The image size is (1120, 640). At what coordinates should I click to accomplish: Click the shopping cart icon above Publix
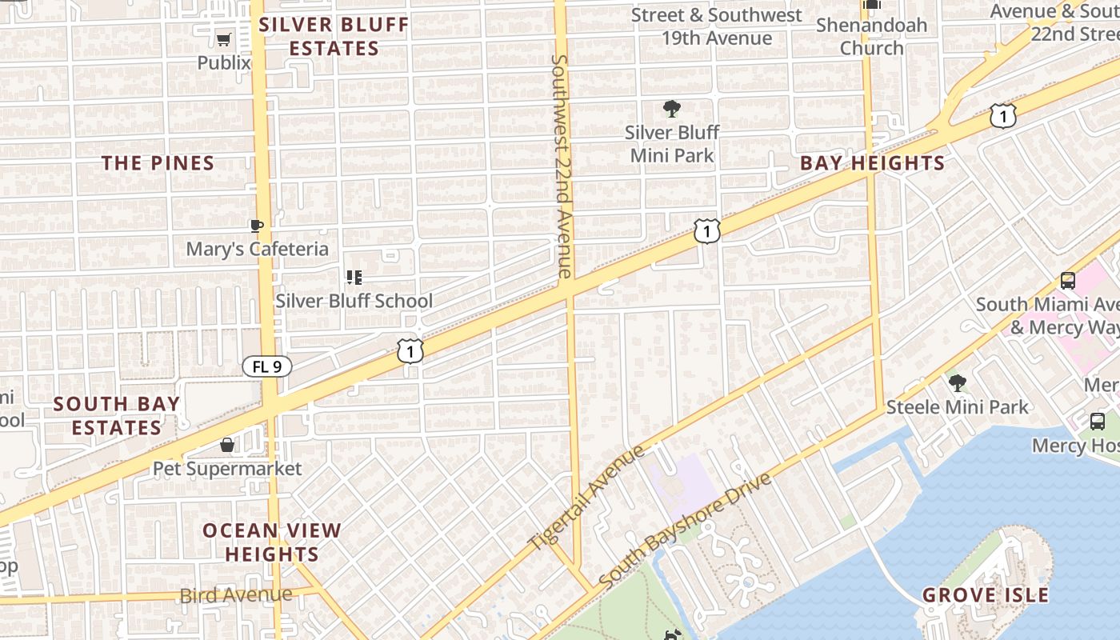224,39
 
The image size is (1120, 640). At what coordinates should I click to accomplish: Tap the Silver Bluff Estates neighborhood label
334,36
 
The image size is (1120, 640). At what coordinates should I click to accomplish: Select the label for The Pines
158,163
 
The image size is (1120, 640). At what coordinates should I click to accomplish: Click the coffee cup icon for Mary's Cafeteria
257,226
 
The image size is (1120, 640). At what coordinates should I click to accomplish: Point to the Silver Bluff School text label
354,301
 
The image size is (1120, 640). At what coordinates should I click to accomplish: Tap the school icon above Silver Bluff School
354,278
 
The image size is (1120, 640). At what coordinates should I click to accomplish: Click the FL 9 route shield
267,366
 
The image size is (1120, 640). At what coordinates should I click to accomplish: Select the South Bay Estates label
117,415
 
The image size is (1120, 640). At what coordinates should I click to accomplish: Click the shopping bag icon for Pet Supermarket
227,445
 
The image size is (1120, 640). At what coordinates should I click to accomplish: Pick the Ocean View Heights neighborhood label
272,542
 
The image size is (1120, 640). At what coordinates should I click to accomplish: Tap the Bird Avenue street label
236,594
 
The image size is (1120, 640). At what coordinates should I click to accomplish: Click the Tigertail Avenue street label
586,498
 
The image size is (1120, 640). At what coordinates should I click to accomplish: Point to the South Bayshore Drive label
685,529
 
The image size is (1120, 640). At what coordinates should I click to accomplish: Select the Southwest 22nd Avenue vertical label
562,166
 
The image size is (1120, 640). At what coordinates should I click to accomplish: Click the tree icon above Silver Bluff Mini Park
672,108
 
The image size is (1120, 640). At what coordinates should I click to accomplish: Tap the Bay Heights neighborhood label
873,163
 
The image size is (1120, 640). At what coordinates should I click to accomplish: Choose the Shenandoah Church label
871,36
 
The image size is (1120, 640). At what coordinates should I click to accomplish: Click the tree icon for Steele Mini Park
957,383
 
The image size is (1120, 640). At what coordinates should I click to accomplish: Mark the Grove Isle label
985,595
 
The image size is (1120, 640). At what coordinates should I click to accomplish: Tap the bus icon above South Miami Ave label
1067,281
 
